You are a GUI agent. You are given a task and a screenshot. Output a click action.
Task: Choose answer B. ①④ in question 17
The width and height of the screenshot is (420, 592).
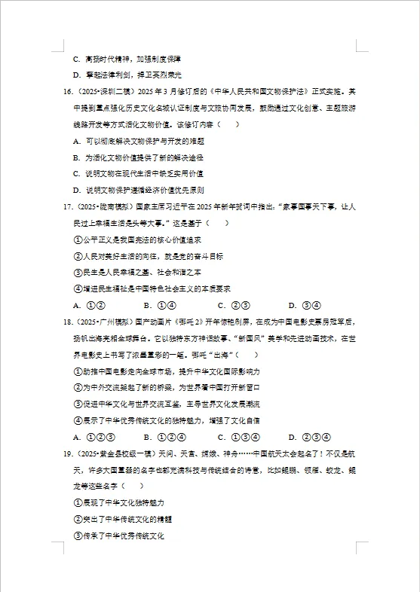coord(159,305)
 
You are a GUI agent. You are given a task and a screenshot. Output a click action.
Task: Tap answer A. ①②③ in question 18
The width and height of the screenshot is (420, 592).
coord(94,437)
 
